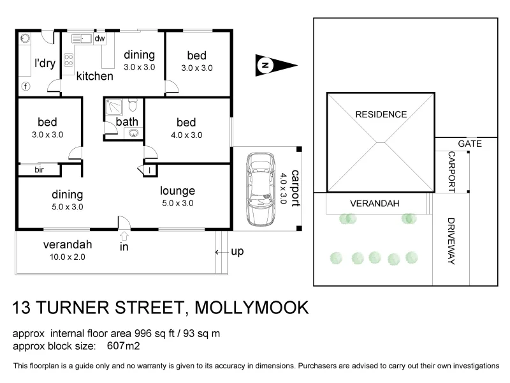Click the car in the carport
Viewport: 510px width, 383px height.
point(260,188)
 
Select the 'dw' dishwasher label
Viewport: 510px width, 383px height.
point(99,39)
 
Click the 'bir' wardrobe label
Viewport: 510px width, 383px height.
point(39,170)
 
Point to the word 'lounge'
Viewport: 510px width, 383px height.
point(177,191)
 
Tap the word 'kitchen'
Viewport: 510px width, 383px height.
point(94,76)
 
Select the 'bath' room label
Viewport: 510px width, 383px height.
point(127,122)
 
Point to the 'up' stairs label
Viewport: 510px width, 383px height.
point(237,252)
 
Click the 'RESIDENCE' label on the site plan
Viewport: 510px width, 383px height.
point(381,115)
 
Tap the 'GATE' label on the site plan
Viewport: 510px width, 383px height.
point(469,144)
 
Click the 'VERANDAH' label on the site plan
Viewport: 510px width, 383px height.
point(374,204)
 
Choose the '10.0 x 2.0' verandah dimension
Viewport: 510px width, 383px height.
point(64,257)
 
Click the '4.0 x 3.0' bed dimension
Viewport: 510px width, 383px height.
point(187,135)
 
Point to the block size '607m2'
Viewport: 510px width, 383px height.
point(124,347)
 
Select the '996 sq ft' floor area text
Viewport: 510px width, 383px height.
point(157,334)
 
